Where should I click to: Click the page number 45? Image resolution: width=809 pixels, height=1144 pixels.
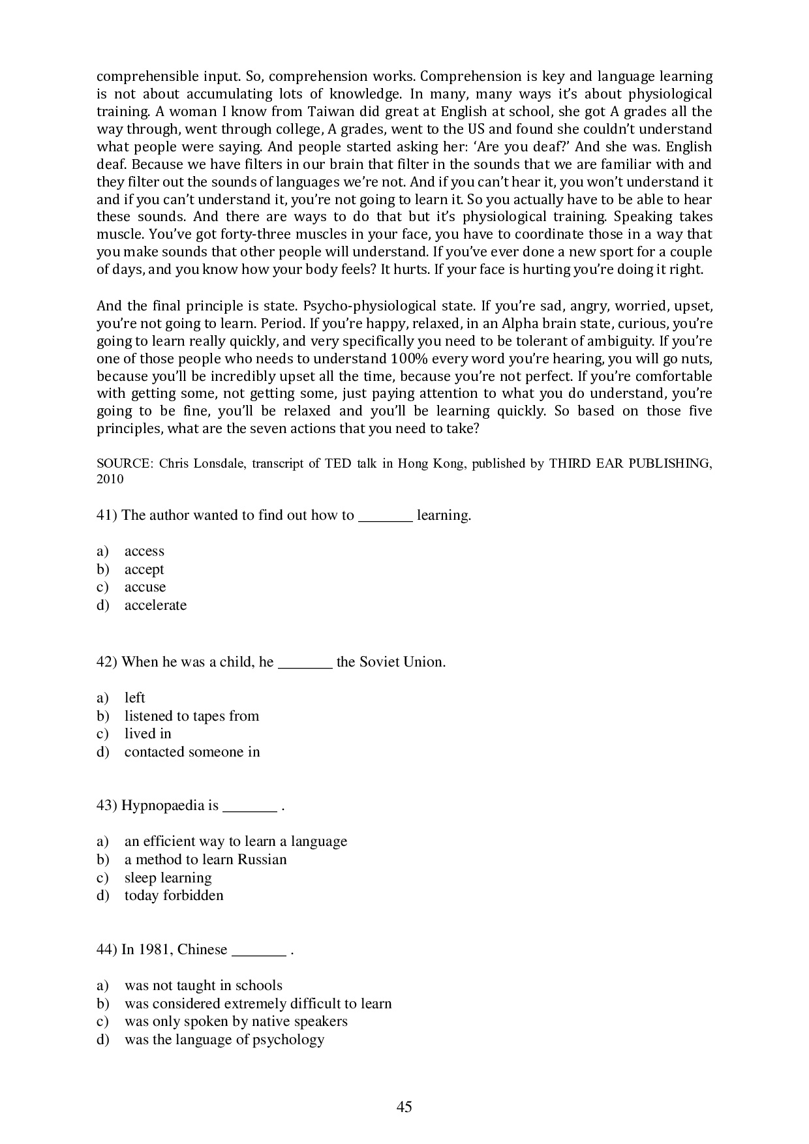click(404, 1107)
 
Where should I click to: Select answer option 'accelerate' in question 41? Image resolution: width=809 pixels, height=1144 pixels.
click(155, 605)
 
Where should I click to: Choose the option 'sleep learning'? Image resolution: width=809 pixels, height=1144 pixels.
click(168, 878)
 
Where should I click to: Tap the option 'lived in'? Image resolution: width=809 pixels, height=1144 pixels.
click(147, 734)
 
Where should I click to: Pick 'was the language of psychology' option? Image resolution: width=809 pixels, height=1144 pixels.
click(224, 1040)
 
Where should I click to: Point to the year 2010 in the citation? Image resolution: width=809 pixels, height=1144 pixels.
click(110, 479)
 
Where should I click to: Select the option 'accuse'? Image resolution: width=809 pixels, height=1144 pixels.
click(145, 587)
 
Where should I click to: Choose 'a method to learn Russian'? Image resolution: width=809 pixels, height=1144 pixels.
click(206, 860)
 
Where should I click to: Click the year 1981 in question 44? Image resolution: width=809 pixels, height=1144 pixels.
click(155, 950)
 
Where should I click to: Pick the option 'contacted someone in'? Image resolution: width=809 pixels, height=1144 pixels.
click(192, 752)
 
